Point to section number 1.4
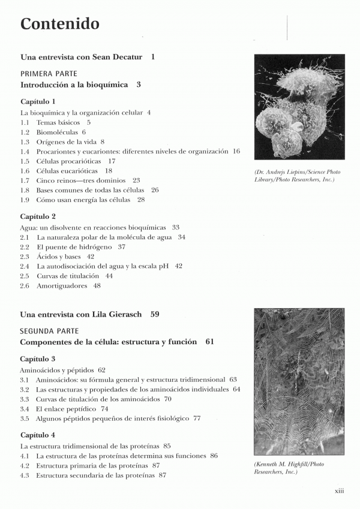click(x=25, y=152)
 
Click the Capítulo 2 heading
click(x=38, y=216)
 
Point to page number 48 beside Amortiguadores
click(x=97, y=286)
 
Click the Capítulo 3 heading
click(x=38, y=359)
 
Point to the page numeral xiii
click(x=339, y=491)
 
